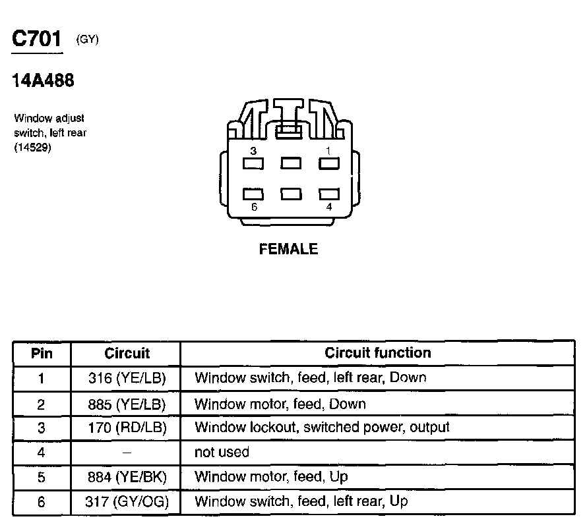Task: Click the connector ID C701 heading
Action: pos(38,40)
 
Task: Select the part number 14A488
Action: pos(44,80)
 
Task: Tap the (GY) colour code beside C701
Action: pos(88,40)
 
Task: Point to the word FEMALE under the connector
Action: pos(288,249)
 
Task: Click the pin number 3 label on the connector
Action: pos(253,151)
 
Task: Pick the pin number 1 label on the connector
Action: pos(328,151)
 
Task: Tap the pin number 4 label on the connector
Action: pos(329,208)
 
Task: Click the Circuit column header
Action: pos(127,353)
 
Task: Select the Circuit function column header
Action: pos(377,353)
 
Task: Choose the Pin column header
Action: pos(42,353)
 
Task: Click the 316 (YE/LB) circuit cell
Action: pos(127,378)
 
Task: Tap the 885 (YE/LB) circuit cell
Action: pos(127,403)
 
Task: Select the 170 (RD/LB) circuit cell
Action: pos(127,428)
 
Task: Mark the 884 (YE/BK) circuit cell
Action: pos(127,477)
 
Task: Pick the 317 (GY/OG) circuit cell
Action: pos(127,502)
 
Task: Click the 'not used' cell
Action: pos(222,453)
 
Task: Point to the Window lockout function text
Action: pos(322,428)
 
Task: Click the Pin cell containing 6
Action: pos(42,502)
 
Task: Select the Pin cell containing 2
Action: pos(42,403)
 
